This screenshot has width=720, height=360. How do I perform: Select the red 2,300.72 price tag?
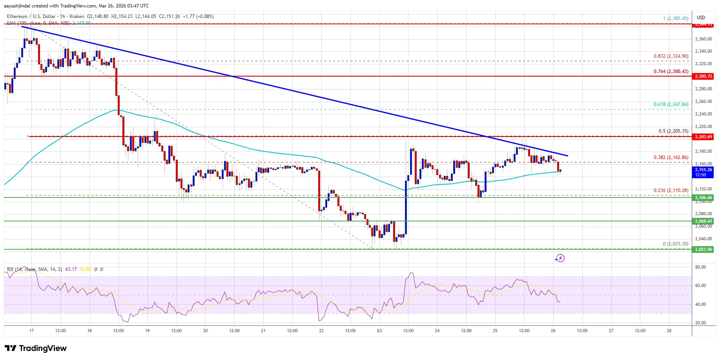(x=703, y=76)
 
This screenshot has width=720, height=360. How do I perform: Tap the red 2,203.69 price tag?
(x=703, y=137)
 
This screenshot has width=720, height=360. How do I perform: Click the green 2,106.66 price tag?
(x=703, y=197)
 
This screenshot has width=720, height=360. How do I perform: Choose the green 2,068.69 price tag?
(x=703, y=221)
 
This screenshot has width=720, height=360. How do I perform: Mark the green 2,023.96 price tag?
(x=703, y=249)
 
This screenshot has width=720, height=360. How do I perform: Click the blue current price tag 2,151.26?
(x=703, y=172)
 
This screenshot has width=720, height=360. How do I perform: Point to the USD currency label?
(x=701, y=17)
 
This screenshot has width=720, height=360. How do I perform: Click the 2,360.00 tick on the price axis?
(x=703, y=39)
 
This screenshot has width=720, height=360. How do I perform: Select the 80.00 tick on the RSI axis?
(x=700, y=267)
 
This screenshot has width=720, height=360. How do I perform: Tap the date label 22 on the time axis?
(x=321, y=331)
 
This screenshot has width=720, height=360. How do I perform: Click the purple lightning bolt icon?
(x=560, y=258)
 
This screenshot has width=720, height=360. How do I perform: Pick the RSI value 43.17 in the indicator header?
(x=71, y=269)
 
